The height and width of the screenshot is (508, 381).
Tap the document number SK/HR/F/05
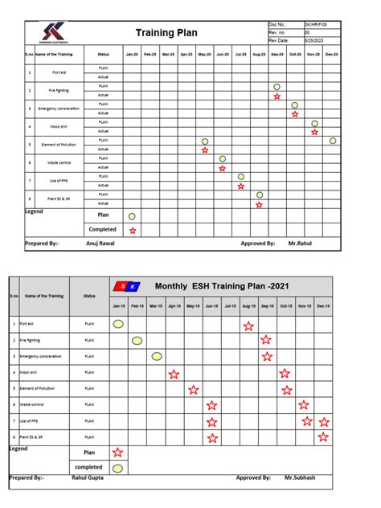(314, 26)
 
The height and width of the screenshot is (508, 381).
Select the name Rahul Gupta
(88, 477)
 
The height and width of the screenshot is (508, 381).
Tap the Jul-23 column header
(240, 55)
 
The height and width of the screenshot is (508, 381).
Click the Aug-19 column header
(248, 306)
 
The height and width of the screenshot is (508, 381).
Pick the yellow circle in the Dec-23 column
(332, 141)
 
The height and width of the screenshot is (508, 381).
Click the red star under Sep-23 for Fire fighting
(277, 96)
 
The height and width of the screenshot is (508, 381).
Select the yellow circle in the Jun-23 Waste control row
(223, 159)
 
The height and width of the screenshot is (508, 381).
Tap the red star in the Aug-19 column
(248, 326)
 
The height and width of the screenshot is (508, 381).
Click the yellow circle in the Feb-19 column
(137, 341)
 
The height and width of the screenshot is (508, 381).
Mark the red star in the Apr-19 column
(174, 374)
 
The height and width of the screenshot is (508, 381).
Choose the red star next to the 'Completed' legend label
(132, 230)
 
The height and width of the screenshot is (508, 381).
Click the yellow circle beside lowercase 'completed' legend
(118, 468)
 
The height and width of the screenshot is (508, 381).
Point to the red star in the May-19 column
(193, 390)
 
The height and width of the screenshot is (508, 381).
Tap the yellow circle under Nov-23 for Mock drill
(314, 123)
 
